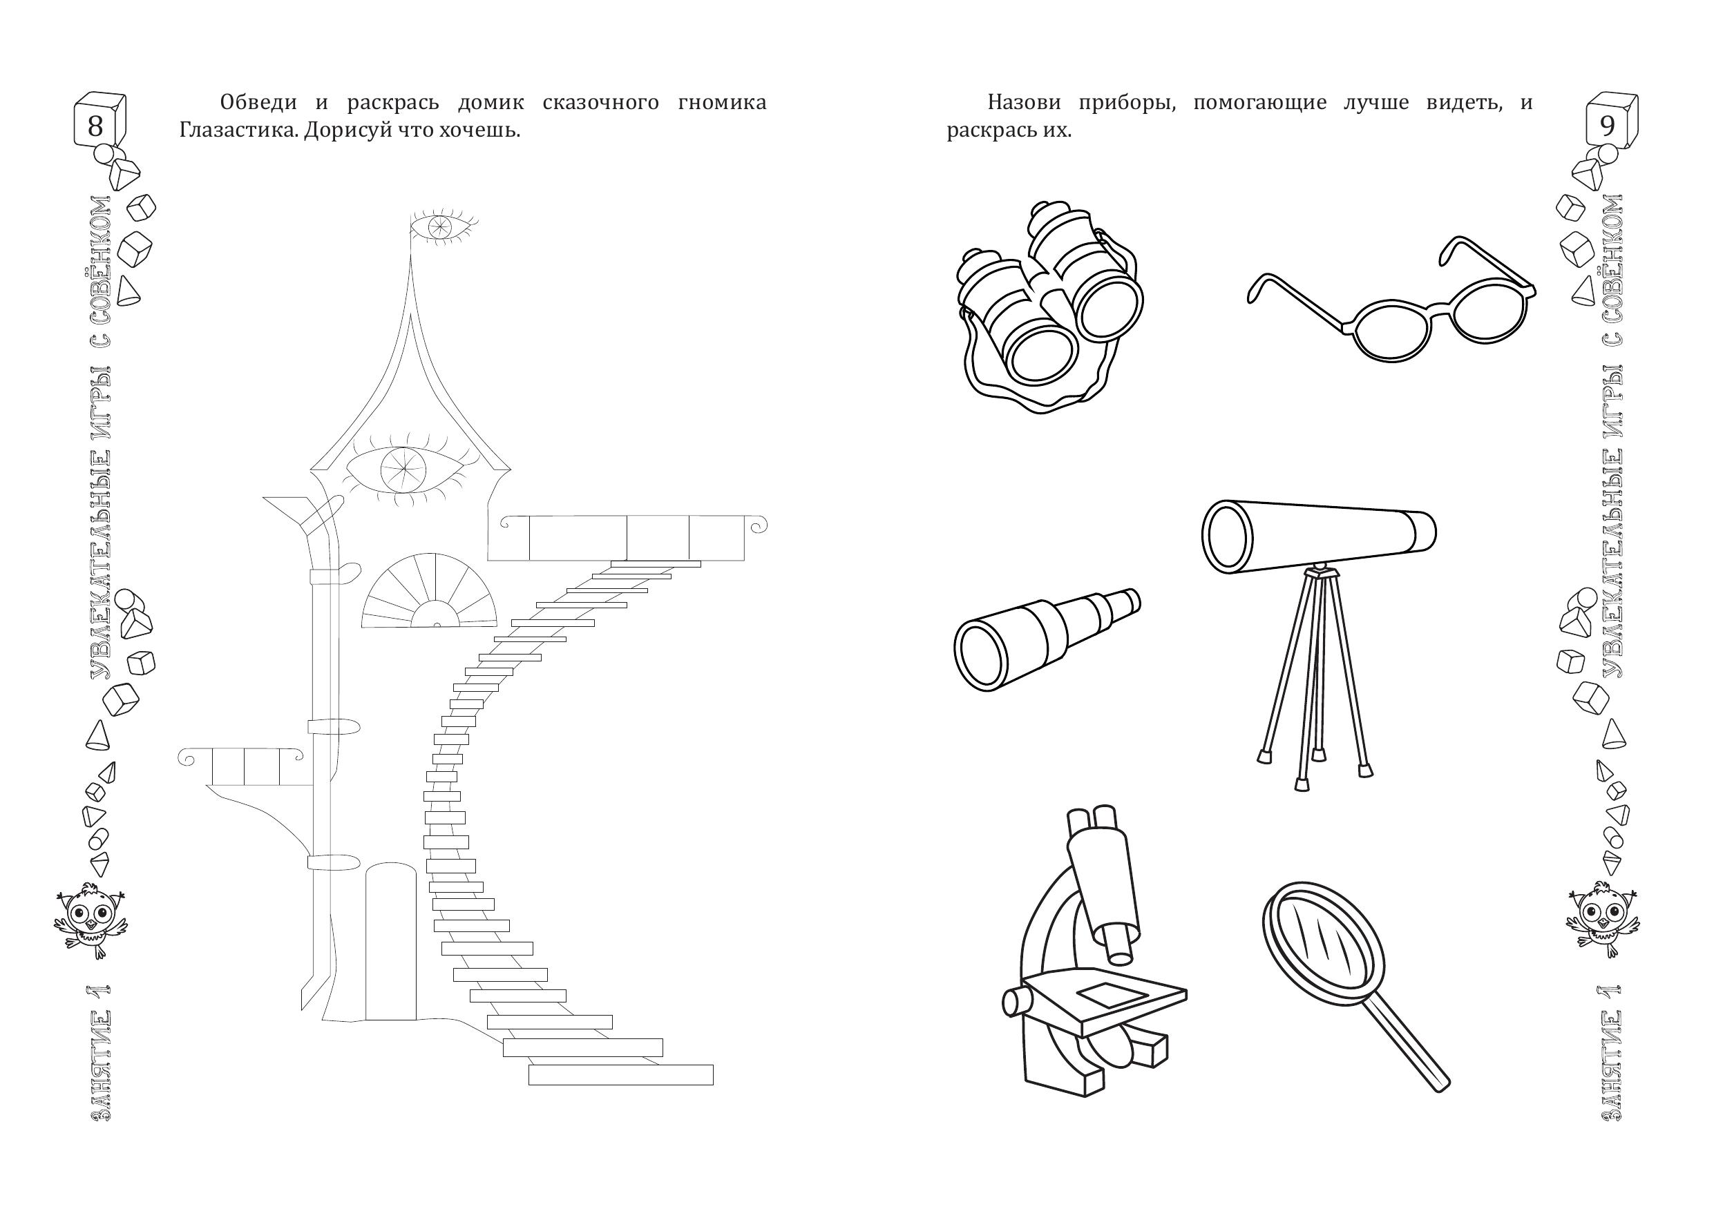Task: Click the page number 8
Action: pos(95,126)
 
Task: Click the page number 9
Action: pos(1606,126)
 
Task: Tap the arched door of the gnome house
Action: pos(390,941)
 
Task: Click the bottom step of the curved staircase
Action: pos(620,1075)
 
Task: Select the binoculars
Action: pos(1049,307)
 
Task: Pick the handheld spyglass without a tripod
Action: pos(1047,639)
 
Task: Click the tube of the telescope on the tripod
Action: pos(1318,536)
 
